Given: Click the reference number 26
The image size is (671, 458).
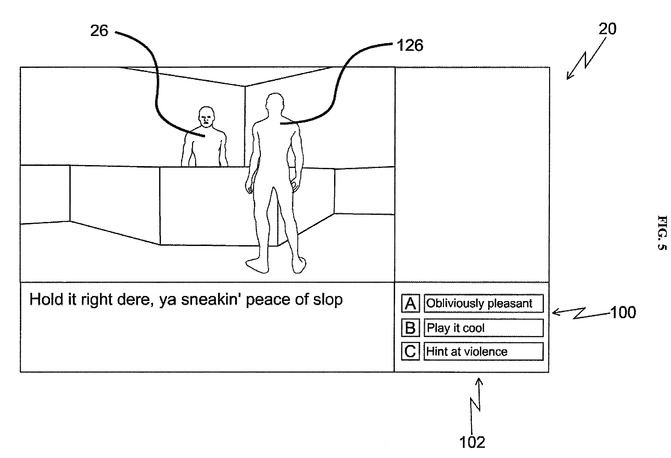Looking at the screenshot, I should (99, 31).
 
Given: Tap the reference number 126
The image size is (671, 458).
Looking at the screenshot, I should (410, 45).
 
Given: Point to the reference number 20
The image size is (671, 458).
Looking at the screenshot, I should (607, 29).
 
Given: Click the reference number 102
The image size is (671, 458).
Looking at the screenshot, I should (472, 442).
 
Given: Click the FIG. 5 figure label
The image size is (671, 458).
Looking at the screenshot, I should (662, 232).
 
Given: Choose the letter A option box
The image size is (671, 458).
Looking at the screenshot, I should (410, 303).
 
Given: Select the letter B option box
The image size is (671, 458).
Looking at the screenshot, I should (410, 328).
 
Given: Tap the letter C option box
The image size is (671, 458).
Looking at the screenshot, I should (410, 351).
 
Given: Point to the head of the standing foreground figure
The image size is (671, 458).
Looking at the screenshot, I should (275, 103).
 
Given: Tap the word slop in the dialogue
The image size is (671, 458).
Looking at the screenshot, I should (328, 300).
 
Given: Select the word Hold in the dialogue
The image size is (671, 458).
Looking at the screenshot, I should (46, 300).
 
